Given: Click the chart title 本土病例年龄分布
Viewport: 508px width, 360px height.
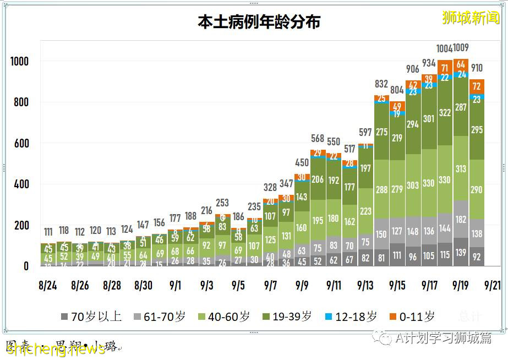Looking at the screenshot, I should click(x=259, y=21).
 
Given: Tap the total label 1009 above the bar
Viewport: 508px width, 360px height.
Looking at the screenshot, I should click(x=461, y=48).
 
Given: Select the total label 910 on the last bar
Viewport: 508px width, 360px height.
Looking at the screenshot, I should click(x=477, y=68).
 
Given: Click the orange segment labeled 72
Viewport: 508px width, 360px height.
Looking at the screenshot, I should click(x=477, y=86).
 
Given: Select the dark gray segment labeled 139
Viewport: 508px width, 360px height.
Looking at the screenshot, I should click(x=461, y=252).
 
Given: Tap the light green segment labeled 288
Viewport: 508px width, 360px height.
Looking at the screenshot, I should click(x=381, y=190).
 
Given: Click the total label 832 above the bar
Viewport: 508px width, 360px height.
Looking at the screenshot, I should click(x=381, y=84).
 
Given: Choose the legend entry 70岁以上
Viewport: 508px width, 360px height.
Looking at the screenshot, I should click(x=94, y=317).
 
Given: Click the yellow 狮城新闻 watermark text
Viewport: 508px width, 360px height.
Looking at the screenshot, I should click(x=471, y=18).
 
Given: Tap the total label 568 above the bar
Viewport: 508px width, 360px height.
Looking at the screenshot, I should click(x=318, y=138).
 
